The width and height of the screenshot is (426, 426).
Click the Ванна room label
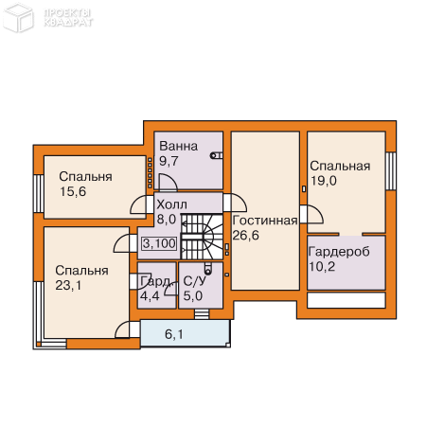tap(179, 146)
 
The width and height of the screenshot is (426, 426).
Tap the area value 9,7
tap(169, 161)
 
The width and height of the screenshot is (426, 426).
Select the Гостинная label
tap(265, 221)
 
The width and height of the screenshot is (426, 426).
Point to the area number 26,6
tap(246, 235)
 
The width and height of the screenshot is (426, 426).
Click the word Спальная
tap(340, 166)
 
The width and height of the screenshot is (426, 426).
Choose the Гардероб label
tap(339, 252)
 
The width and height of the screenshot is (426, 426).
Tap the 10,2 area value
tap(322, 267)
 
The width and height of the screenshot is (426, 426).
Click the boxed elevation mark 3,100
tap(159, 243)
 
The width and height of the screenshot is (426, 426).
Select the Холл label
tap(172, 204)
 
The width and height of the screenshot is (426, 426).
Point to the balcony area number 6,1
tap(174, 334)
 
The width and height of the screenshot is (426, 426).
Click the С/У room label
tap(195, 281)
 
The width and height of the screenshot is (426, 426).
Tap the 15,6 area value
tap(73, 191)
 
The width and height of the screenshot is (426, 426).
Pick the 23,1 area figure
tap(68, 286)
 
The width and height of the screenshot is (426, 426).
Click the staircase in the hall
tap(202, 237)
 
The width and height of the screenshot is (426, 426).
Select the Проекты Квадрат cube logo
tap(18, 17)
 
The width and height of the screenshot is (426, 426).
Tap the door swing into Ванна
tap(168, 183)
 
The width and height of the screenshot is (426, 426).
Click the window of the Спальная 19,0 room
tap(391, 170)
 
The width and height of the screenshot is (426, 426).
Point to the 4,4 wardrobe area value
tap(150, 296)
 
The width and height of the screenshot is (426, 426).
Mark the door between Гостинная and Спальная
tap(311, 214)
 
